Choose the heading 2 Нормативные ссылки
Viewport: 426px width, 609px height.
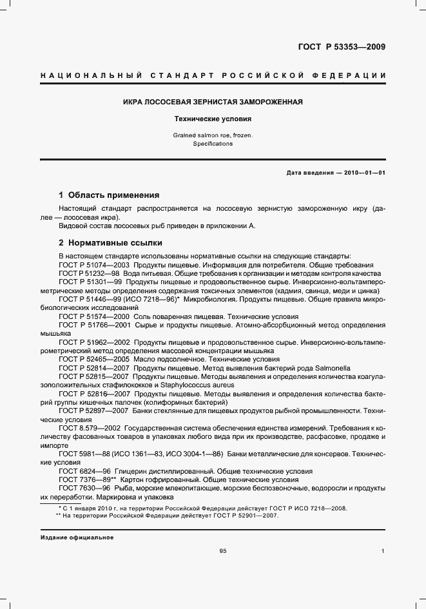(110, 243)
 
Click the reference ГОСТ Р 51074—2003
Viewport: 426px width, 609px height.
(94, 265)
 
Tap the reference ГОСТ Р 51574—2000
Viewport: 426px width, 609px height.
(94, 316)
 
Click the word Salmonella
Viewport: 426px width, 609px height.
(331, 367)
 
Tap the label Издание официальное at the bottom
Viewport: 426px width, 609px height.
(77, 537)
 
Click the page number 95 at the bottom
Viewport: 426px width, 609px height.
(223, 551)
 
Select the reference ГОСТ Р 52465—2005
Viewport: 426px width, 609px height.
(94, 359)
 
